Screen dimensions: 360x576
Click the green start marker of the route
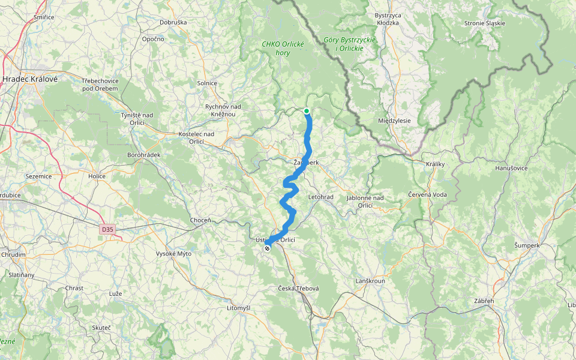[307, 111]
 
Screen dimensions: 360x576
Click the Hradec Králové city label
[29, 79]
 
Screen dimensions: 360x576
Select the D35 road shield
[107, 229]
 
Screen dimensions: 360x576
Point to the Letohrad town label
[320, 197]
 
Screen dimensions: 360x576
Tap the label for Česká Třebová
[298, 289]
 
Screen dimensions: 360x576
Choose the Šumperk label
[527, 245]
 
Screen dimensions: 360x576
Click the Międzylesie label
[394, 120]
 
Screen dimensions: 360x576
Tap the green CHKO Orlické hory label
[283, 48]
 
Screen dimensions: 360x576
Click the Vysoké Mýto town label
[173, 254]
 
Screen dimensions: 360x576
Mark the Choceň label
[200, 220]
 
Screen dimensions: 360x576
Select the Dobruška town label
[173, 22]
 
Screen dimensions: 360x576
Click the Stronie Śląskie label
[485, 23]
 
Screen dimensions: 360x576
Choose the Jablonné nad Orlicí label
[365, 201]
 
